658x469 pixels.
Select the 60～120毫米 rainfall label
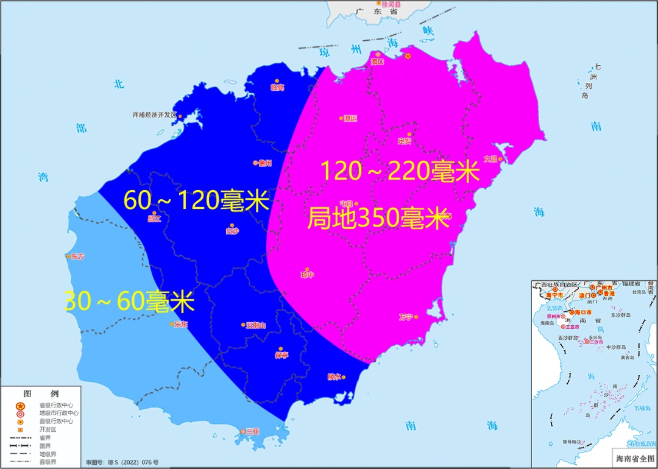196,200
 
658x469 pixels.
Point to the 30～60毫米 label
129,301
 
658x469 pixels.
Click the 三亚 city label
252,431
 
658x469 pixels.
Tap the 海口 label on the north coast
378,62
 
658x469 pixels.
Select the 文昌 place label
490,159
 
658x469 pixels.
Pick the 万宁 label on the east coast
406,317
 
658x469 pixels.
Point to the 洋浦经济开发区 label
154,115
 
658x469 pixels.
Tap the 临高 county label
277,88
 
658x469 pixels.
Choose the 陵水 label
334,377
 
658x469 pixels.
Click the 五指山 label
255,325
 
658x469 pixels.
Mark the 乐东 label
181,325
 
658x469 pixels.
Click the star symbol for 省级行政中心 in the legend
20,406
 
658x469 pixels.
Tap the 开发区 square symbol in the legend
20,429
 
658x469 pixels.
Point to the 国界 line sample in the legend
20,445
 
